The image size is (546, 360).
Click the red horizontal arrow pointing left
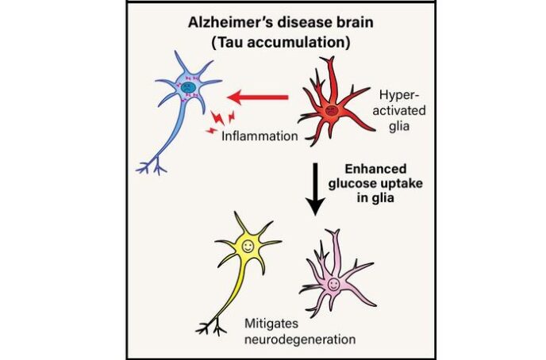(x=258, y=97)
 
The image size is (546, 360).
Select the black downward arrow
(x=315, y=190)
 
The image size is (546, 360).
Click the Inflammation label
(x=260, y=136)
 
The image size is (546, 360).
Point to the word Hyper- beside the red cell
(x=399, y=95)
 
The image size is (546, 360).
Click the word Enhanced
(x=375, y=169)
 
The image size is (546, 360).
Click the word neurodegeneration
(x=300, y=339)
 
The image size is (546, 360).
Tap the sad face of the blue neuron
(x=188, y=87)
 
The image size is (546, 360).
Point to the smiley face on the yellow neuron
(x=248, y=247)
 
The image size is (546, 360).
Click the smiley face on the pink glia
(x=333, y=284)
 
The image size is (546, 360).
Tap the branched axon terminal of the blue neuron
(x=152, y=167)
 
